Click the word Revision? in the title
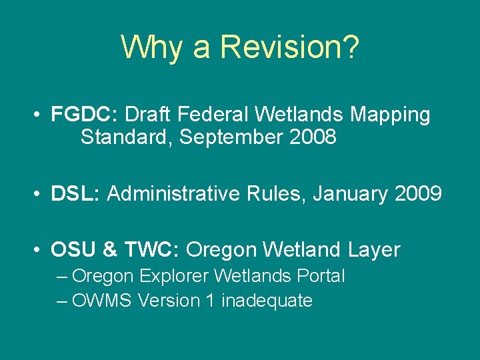(x=290, y=47)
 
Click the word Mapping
(x=390, y=115)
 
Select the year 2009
(x=417, y=194)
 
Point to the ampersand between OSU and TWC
(x=111, y=250)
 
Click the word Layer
(x=373, y=250)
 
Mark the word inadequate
(x=267, y=301)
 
